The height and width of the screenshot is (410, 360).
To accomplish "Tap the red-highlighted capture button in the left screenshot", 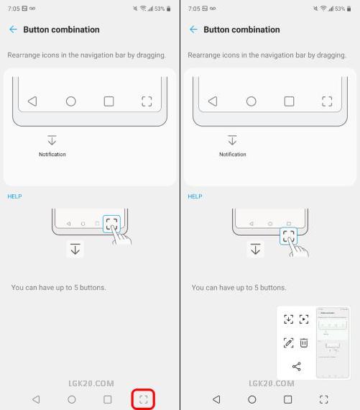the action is click(x=143, y=399).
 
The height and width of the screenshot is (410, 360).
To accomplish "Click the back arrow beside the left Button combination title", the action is click(x=13, y=29).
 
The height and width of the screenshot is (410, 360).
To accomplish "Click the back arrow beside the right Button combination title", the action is click(x=193, y=29).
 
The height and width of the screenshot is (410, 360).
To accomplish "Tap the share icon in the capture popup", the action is click(x=297, y=367).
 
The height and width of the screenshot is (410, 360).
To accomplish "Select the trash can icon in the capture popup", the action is click(x=304, y=343).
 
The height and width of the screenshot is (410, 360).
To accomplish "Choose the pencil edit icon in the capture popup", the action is click(x=288, y=343).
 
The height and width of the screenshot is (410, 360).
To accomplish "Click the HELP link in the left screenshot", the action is click(x=14, y=196).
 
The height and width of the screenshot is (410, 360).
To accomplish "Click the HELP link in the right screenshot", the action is click(x=195, y=196).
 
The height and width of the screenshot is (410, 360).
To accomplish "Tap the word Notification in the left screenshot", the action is click(x=52, y=154).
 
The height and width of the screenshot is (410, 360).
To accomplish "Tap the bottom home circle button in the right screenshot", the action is click(x=251, y=399).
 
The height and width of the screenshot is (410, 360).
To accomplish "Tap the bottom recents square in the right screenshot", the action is click(x=288, y=399).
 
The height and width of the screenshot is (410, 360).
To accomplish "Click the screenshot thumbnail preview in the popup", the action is click(x=333, y=343).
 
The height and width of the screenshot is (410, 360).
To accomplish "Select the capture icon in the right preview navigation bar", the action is click(x=327, y=101).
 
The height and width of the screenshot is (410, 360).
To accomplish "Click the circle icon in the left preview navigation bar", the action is click(x=71, y=101).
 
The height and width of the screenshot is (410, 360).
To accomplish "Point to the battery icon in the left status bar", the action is click(x=169, y=9).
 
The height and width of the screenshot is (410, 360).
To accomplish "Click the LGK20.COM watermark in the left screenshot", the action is click(x=91, y=383).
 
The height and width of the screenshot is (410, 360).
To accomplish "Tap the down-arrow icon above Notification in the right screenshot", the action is click(x=232, y=140).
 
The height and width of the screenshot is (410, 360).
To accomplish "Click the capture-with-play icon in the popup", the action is click(x=304, y=319).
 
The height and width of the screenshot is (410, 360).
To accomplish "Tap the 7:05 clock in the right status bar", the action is click(x=194, y=9).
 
